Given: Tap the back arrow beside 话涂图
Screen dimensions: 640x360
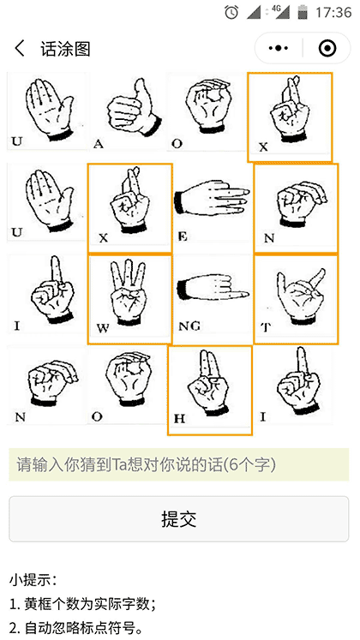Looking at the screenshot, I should pyautogui.click(x=20, y=49).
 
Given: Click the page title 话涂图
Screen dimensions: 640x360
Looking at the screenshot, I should pyautogui.click(x=65, y=49).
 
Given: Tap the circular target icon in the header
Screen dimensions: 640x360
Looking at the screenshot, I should pyautogui.click(x=327, y=49).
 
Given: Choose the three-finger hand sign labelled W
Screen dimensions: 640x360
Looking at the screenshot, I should pyautogui.click(x=129, y=299).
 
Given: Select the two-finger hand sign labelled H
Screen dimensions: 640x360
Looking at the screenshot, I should pyautogui.click(x=209, y=389).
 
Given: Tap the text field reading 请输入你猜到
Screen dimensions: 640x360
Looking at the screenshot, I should pyautogui.click(x=180, y=465).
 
